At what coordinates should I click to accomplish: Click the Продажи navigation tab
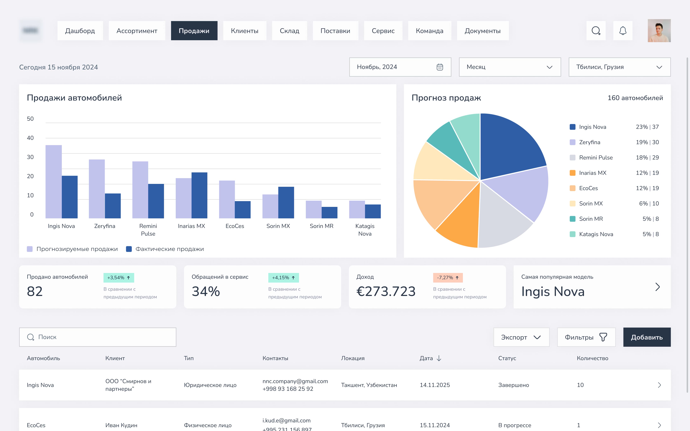(194, 31)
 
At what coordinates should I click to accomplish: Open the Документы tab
(482, 31)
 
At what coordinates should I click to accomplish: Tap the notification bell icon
(623, 31)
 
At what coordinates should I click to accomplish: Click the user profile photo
(659, 31)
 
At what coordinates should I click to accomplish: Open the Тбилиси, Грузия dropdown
(619, 67)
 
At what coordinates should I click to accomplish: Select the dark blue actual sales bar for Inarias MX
(199, 195)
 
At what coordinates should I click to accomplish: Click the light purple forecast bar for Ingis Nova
(54, 182)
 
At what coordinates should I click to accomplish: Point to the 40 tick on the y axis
(30, 138)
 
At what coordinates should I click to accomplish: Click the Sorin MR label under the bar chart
(321, 226)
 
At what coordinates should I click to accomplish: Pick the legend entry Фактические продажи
(169, 249)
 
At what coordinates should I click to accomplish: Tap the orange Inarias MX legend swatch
(572, 173)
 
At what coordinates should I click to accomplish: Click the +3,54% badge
(119, 278)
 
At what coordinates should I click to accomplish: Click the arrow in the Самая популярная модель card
(657, 287)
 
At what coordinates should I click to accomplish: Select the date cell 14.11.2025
(434, 385)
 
